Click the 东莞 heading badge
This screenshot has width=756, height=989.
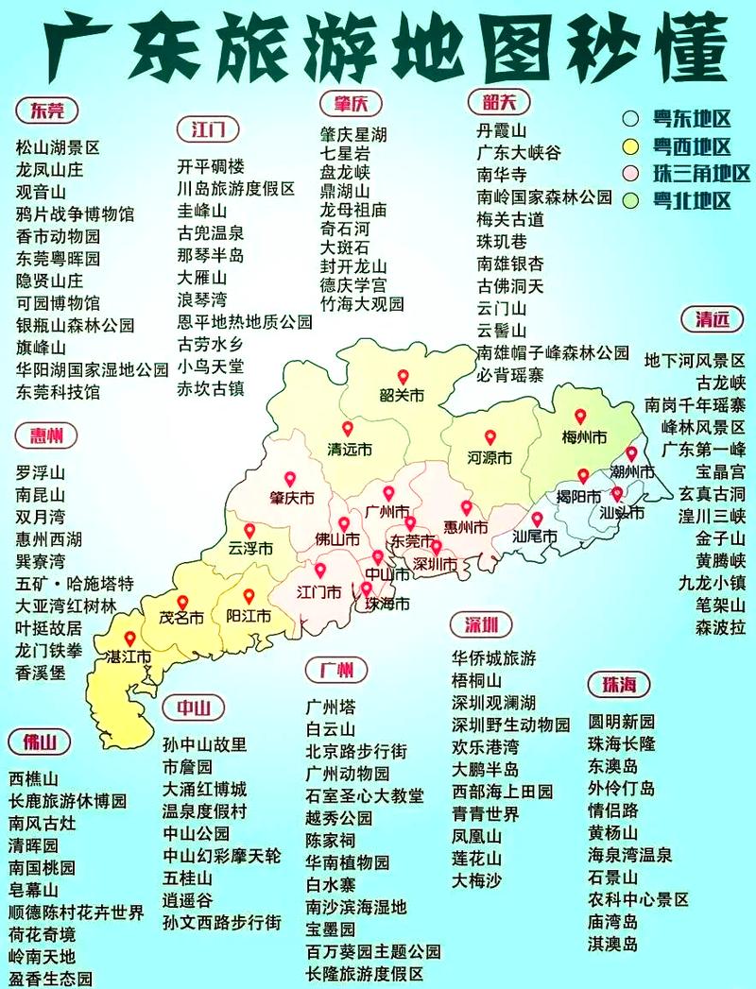tap(47, 111)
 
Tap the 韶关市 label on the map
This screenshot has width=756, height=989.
tap(401, 397)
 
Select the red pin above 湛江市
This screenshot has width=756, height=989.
tap(129, 639)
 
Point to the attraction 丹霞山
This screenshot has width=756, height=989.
tap(501, 131)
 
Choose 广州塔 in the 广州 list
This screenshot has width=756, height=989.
tap(331, 706)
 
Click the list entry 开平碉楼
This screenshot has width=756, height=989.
tap(211, 165)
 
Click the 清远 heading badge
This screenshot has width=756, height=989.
tap(712, 319)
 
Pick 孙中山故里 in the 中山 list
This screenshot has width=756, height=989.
tap(205, 743)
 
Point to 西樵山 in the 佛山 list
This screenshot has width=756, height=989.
tap(34, 779)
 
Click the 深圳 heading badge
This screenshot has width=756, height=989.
tap(487, 625)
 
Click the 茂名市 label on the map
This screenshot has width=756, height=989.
tap(181, 619)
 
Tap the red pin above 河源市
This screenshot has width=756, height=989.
tap(490, 436)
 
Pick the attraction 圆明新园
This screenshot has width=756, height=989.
tap(621, 722)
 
